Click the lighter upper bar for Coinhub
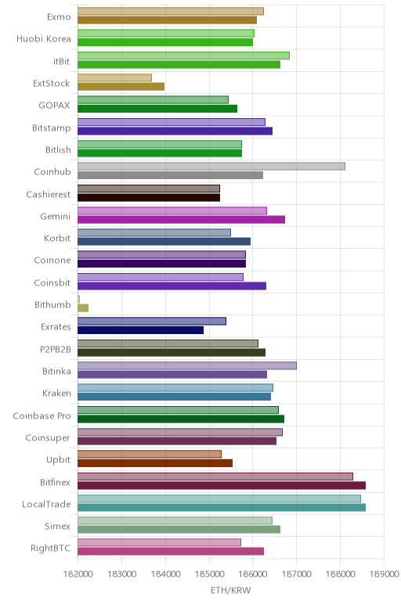click(x=211, y=166)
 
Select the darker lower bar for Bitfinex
click(x=222, y=485)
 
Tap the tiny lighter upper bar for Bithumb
click(x=78, y=299)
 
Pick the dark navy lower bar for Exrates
click(x=140, y=330)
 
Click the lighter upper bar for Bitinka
click(x=187, y=365)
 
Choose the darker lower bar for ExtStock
click(x=121, y=86)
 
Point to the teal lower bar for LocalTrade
click(x=222, y=507)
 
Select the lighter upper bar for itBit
click(x=183, y=56)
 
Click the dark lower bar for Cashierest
click(x=149, y=198)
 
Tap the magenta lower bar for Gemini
click(x=181, y=220)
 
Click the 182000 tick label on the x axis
click(x=78, y=574)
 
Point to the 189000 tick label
click(x=384, y=574)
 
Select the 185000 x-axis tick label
click(x=209, y=574)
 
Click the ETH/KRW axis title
click(x=230, y=590)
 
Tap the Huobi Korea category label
click(x=44, y=38)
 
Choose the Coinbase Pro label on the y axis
click(x=42, y=415)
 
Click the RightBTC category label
click(x=50, y=548)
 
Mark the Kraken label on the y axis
click(x=56, y=393)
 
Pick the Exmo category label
click(x=59, y=16)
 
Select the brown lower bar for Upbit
click(x=155, y=463)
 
